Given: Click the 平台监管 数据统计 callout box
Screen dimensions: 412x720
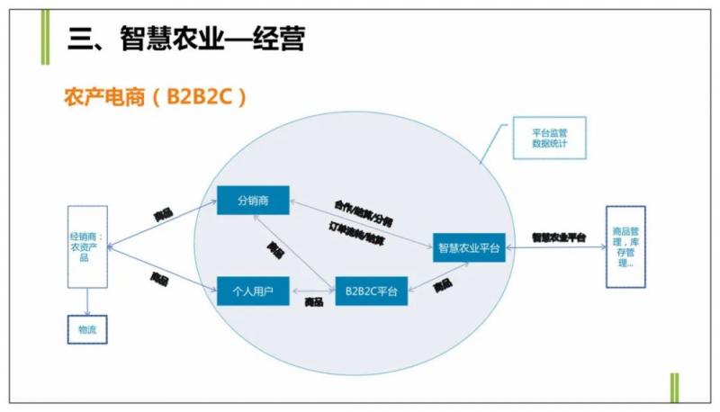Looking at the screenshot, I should pyautogui.click(x=549, y=137).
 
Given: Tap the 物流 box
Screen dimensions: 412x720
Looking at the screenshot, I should pyautogui.click(x=87, y=329).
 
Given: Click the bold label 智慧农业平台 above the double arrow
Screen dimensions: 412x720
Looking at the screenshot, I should pyautogui.click(x=558, y=237).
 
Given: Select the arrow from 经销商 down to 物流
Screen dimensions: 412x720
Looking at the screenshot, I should pyautogui.click(x=87, y=300).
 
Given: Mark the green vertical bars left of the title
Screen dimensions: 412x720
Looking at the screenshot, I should pyautogui.click(x=45, y=36).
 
